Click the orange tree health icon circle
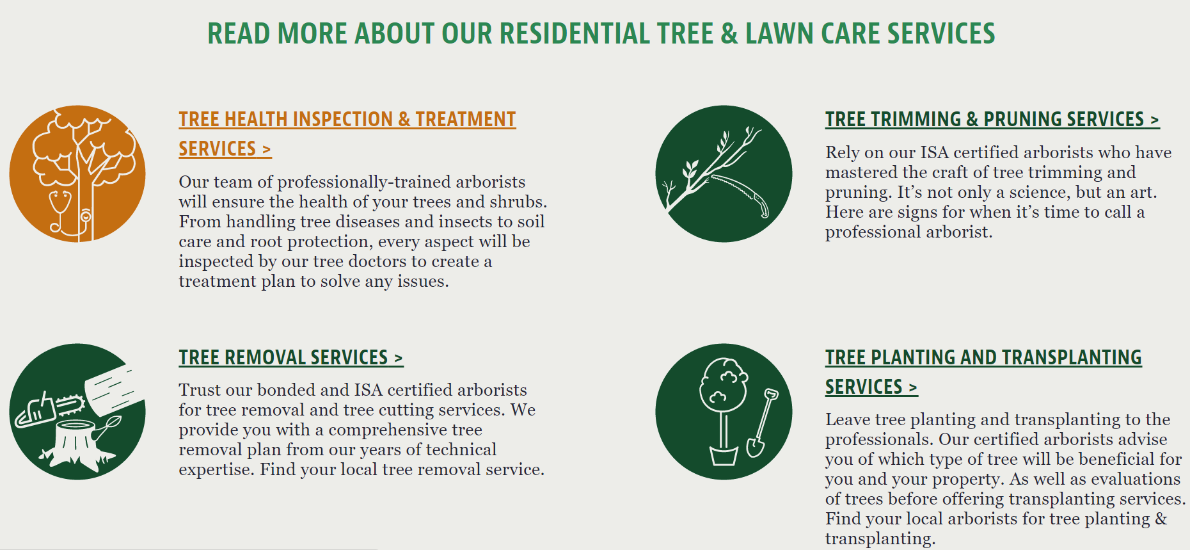(x=77, y=174)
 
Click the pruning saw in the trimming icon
(x=741, y=195)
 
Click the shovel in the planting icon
(x=762, y=423)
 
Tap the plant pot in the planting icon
(x=724, y=455)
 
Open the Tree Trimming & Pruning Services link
(x=992, y=120)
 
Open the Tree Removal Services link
(x=291, y=357)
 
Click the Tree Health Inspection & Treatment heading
(x=347, y=120)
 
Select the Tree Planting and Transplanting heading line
(x=983, y=357)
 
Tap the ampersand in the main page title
(x=729, y=33)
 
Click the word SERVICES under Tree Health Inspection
(x=217, y=149)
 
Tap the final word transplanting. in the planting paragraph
(x=880, y=538)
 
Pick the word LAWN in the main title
(x=780, y=33)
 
